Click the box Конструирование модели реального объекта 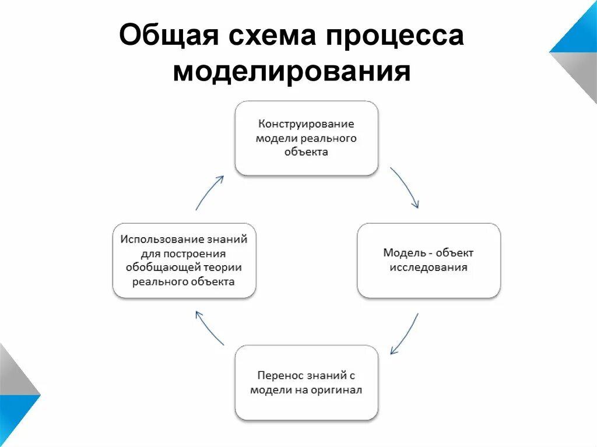[x=307, y=138]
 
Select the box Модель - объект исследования [x=429, y=261]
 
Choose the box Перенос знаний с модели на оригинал [x=307, y=382]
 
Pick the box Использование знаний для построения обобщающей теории [x=184, y=261]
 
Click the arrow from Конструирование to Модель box [x=406, y=186]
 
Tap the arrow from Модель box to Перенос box [x=406, y=335]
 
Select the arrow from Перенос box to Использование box [x=208, y=328]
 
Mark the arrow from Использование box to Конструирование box [x=209, y=192]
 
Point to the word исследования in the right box [x=429, y=268]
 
